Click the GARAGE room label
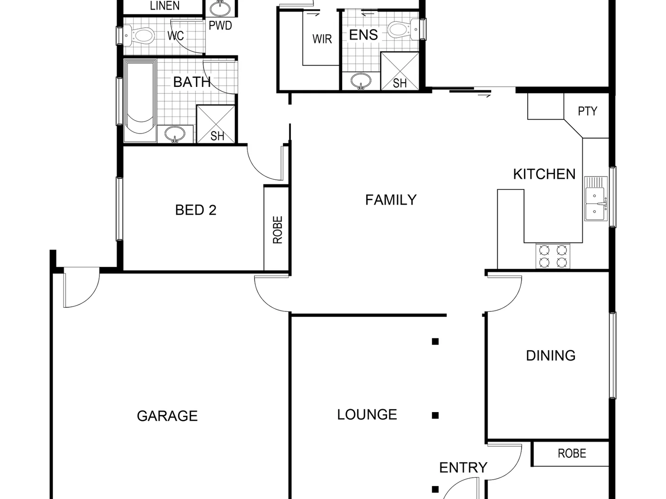pos(167,416)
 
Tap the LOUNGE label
pos(367,414)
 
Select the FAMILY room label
pos(391,200)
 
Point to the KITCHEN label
pos(544,174)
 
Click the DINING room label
pos(550,355)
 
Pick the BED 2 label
pos(196,210)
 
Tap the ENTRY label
pos(463,468)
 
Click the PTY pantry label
pos(587,111)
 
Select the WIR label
pos(322,39)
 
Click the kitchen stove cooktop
pos(553,256)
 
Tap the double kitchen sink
pos(595,198)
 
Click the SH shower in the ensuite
pos(400,71)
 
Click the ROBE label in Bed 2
pos(277,230)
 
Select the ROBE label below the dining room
pos(572,454)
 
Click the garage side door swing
pos(80,289)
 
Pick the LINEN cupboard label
pos(165,6)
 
